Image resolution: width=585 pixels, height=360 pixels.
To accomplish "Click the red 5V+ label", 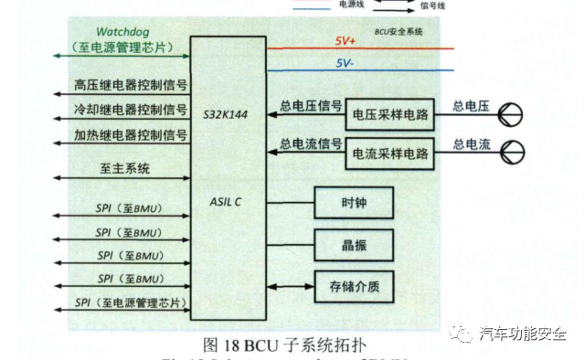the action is [346, 42].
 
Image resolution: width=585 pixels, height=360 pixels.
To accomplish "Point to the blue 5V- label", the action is [346, 64].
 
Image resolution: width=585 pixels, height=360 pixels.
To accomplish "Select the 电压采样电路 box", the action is [390, 115].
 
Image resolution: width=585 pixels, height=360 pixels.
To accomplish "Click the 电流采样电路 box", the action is [390, 152].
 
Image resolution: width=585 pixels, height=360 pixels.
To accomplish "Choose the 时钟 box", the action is [354, 202].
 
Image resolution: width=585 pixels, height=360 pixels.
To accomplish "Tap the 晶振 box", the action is [354, 242].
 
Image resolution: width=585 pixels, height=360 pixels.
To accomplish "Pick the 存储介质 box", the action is [354, 286].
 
